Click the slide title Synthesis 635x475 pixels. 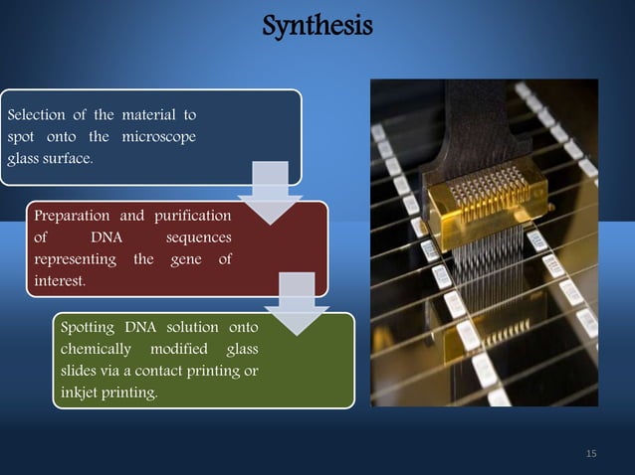317,23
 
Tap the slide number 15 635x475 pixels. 592,454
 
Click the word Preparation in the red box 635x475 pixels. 74,215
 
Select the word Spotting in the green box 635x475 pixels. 89,328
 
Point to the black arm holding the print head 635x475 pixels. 468,119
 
